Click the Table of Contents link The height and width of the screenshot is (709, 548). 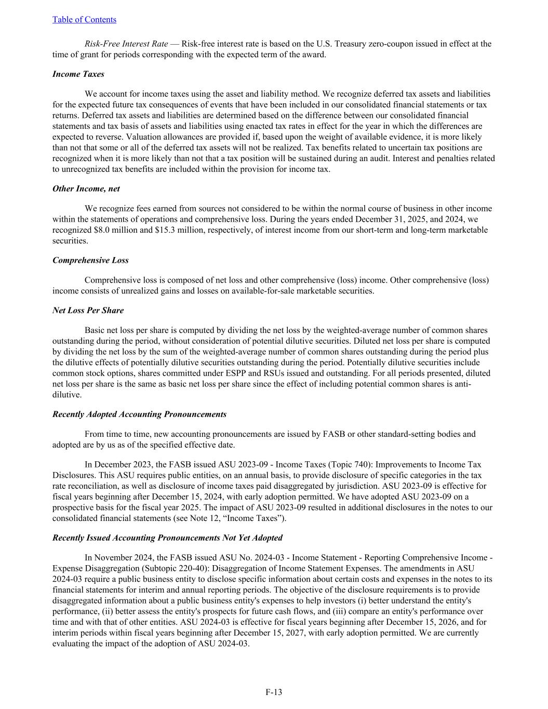click(x=84, y=20)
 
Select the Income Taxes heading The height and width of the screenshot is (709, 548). click(x=78, y=74)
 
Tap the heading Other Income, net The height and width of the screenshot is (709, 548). click(x=86, y=189)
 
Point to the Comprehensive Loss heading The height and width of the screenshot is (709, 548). click(x=90, y=260)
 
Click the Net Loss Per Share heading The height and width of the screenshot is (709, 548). click(x=88, y=311)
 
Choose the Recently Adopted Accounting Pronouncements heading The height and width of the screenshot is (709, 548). click(x=139, y=414)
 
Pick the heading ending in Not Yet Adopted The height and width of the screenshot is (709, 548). click(x=167, y=538)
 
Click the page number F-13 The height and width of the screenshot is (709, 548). click(x=274, y=692)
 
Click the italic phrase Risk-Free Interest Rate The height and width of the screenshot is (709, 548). click(x=126, y=44)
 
